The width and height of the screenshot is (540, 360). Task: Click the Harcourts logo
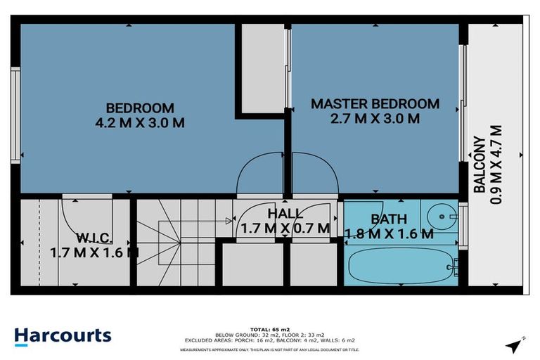tap(63, 335)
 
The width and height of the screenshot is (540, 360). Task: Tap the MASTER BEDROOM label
tap(375, 104)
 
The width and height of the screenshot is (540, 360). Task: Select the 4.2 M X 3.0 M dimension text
tap(139, 122)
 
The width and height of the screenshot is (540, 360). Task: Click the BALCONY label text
tap(478, 165)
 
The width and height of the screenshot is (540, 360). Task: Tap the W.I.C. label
tap(94, 236)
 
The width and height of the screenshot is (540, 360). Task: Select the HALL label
tap(285, 213)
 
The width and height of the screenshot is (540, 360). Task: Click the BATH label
tap(388, 219)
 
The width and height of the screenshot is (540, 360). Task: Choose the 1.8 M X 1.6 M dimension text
tap(389, 234)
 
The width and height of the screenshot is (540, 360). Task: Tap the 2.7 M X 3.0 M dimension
tap(375, 119)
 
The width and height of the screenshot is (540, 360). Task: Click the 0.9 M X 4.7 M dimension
tap(496, 165)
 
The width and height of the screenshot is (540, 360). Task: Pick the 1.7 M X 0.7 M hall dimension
tap(285, 228)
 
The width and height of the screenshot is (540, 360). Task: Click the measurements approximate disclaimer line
tap(270, 349)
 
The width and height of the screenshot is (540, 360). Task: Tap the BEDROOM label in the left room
tap(139, 108)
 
